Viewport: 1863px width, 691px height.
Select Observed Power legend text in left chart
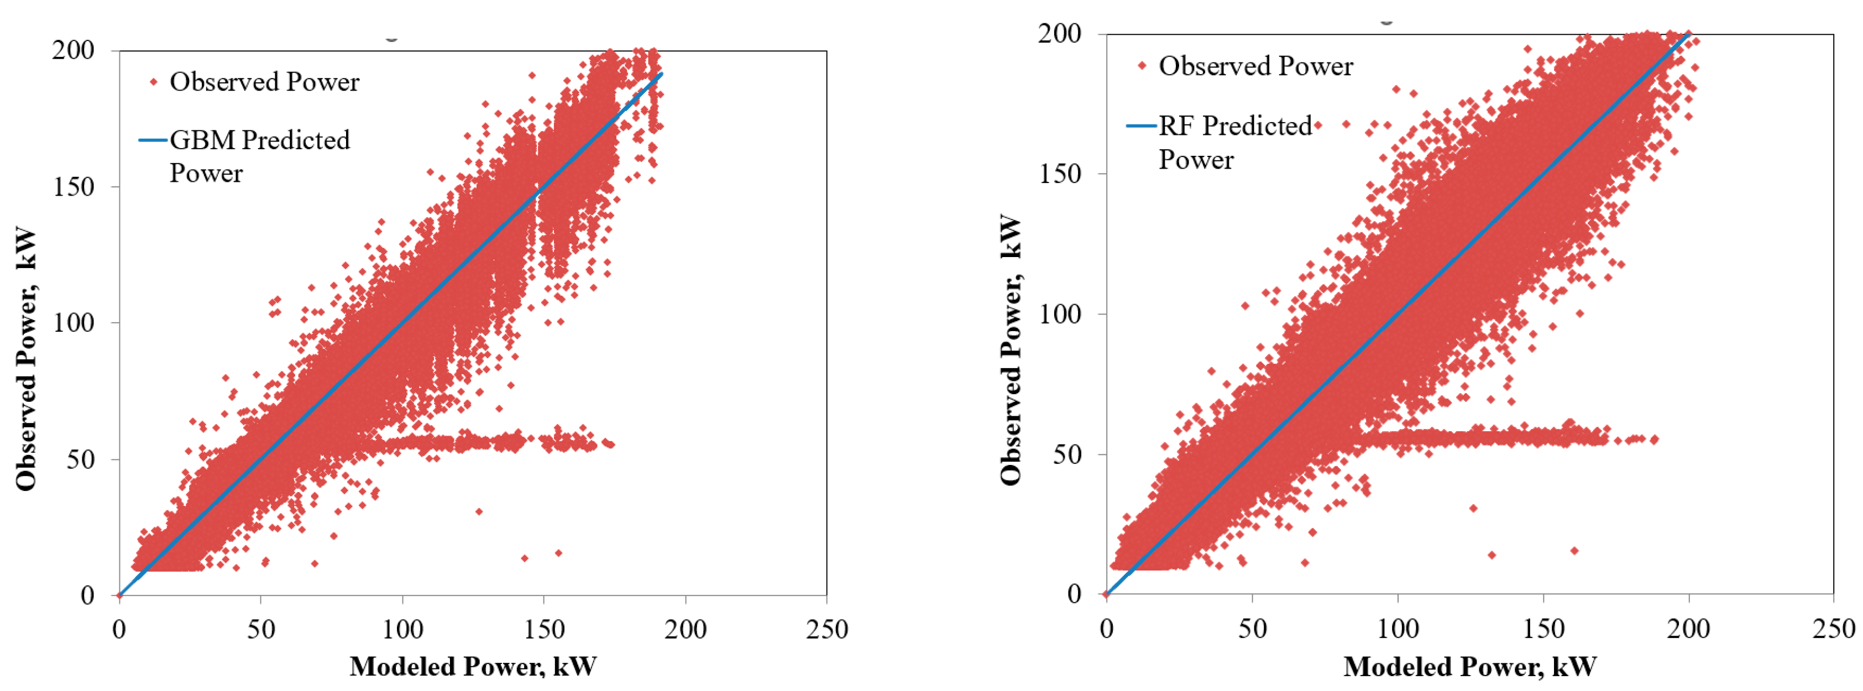click(x=264, y=82)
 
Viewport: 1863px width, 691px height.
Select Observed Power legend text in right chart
click(x=1255, y=66)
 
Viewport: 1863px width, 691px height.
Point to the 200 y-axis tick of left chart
click(x=73, y=51)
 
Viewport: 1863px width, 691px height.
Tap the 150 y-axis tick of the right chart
click(x=1060, y=174)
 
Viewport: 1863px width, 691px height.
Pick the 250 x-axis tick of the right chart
click(x=1833, y=628)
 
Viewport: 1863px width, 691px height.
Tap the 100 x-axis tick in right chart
click(x=1398, y=628)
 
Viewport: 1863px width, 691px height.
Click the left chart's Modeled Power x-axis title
click(x=473, y=666)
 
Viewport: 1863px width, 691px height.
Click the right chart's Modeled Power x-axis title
click(x=1469, y=666)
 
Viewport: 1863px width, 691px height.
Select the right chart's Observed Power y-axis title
click(x=1011, y=349)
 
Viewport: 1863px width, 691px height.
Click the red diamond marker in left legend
click(x=153, y=82)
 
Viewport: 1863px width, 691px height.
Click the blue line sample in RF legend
click(x=1141, y=126)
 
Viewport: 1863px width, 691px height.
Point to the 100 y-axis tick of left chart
click(x=73, y=323)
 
